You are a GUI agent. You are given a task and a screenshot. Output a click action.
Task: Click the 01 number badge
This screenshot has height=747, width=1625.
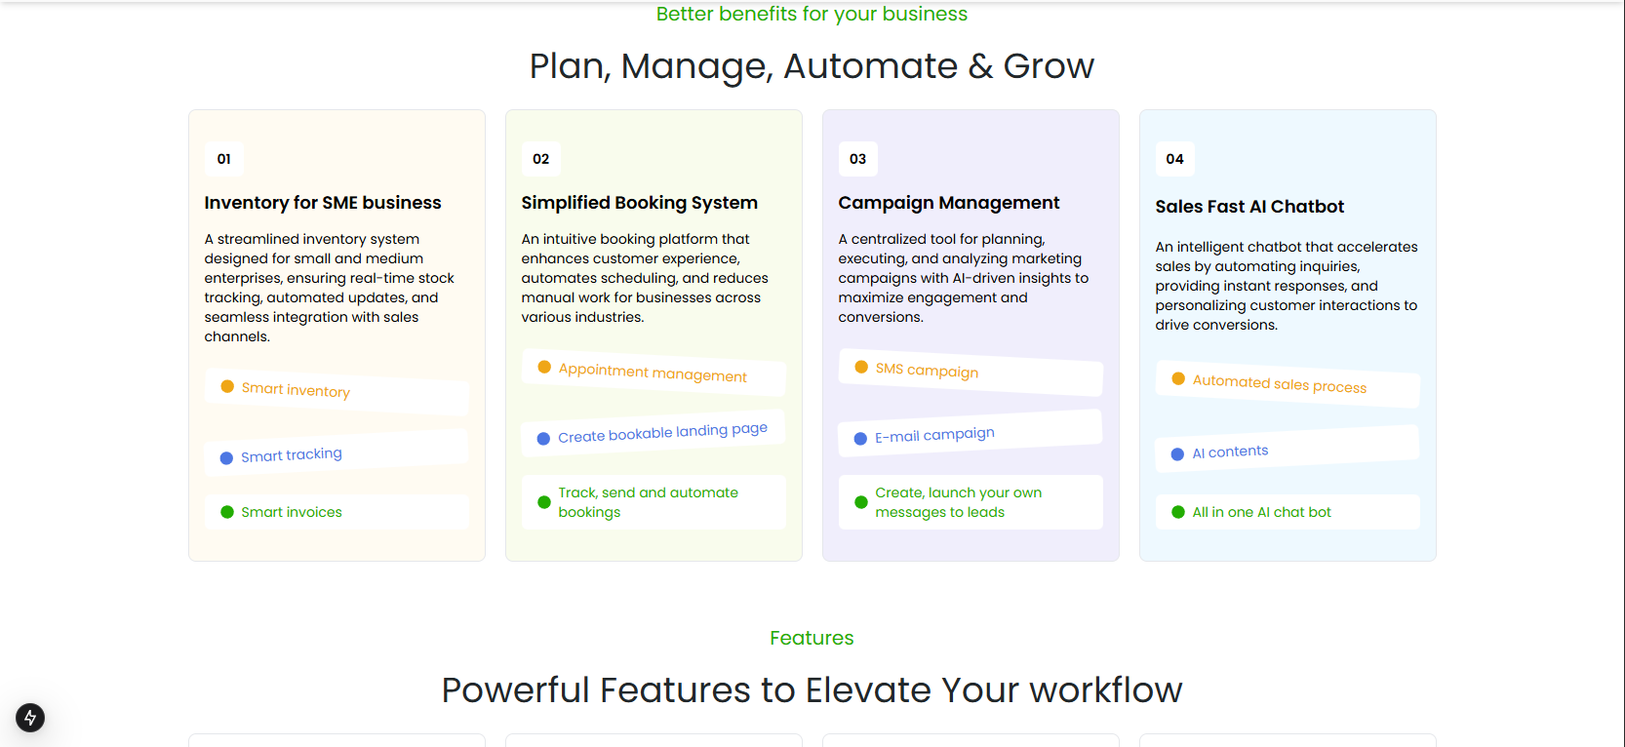pyautogui.click(x=223, y=159)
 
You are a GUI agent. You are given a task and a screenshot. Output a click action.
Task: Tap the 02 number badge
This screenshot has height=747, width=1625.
pyautogui.click(x=540, y=159)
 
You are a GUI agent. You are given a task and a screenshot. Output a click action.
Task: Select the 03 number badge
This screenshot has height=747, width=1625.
pyautogui.click(x=857, y=159)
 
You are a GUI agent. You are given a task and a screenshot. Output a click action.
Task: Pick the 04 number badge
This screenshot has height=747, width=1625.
pyautogui.click(x=1174, y=159)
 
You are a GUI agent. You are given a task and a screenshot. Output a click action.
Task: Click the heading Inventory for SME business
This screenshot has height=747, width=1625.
pyautogui.click(x=323, y=202)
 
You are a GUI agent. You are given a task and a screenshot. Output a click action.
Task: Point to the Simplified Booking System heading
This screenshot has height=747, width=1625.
pyautogui.click(x=639, y=202)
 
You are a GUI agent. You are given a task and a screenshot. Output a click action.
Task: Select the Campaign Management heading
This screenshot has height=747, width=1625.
pyautogui.click(x=949, y=202)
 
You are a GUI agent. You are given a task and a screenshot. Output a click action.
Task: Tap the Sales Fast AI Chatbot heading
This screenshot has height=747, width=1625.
pyautogui.click(x=1249, y=207)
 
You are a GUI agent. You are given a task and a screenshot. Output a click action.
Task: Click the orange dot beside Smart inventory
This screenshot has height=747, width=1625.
pyautogui.click(x=227, y=386)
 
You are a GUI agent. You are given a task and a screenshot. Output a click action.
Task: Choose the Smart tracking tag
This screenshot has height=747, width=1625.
pyautogui.click(x=336, y=452)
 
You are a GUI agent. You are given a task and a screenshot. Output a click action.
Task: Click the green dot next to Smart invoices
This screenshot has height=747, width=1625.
pyautogui.click(x=227, y=512)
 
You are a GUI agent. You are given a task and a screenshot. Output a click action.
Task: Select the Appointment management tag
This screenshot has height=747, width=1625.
pyautogui.click(x=653, y=373)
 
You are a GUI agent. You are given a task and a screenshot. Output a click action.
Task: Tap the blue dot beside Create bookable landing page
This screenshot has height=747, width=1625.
pyautogui.click(x=543, y=439)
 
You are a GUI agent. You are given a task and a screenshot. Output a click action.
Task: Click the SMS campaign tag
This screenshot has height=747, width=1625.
pyautogui.click(x=971, y=373)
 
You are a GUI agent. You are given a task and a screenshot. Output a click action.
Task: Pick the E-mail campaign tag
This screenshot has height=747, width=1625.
pyautogui.click(x=971, y=433)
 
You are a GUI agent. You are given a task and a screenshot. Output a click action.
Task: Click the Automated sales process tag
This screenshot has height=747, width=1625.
pyautogui.click(x=1288, y=384)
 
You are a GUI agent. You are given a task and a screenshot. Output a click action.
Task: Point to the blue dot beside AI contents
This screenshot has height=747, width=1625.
pyautogui.click(x=1177, y=454)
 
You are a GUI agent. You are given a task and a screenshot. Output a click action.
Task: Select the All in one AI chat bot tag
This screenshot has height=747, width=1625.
pyautogui.click(x=1288, y=512)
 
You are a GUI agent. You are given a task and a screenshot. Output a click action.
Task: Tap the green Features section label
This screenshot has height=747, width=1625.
pyautogui.click(x=812, y=638)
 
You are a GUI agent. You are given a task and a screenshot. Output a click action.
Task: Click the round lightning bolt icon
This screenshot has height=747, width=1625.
pyautogui.click(x=30, y=718)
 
